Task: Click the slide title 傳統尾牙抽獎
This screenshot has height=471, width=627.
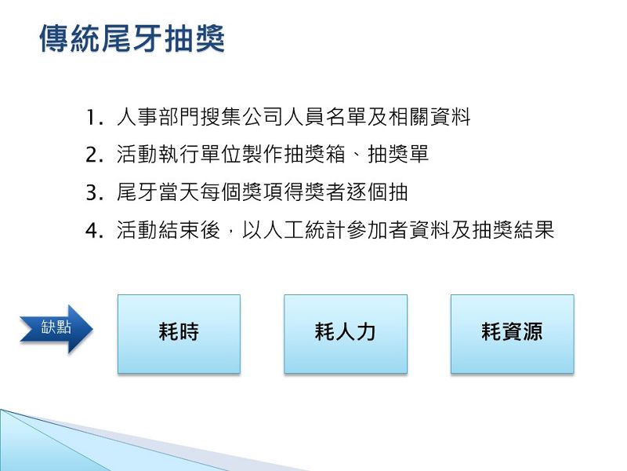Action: [x=132, y=38]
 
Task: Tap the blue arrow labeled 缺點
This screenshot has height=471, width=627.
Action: [x=56, y=329]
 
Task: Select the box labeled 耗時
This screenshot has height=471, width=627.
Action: [x=179, y=334]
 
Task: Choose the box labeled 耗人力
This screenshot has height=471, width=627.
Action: [x=346, y=334]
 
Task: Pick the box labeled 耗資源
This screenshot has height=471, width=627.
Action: [x=513, y=334]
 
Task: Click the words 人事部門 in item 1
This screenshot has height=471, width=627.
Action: [x=158, y=117]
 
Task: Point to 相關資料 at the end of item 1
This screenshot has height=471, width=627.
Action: [x=429, y=117]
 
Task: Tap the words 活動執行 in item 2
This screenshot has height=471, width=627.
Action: [x=158, y=155]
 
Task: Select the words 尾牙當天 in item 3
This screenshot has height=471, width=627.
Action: [x=158, y=192]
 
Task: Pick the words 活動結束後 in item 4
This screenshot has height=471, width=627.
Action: [x=169, y=230]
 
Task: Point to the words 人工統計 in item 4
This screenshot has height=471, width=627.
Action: [x=304, y=230]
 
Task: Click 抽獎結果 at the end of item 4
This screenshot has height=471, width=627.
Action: [x=513, y=230]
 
